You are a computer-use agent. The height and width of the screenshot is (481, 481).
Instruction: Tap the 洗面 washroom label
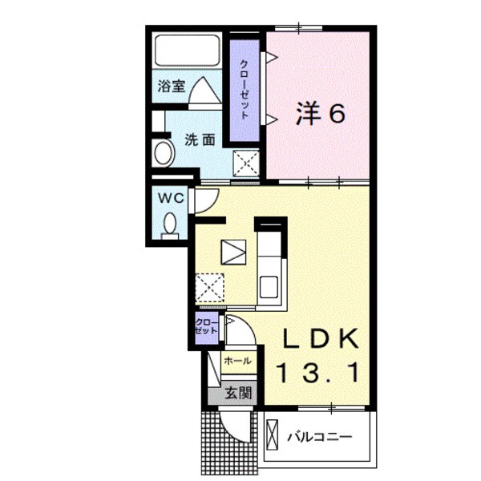200,139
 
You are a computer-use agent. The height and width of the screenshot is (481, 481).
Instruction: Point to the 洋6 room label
321,115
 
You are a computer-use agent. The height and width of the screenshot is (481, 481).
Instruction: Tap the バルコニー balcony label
320,437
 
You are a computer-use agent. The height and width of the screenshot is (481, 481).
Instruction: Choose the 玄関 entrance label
238,393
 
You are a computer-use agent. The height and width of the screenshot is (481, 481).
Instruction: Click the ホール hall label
238,362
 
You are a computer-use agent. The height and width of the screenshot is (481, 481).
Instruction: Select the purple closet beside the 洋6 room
243,90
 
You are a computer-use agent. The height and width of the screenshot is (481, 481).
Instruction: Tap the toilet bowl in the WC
170,222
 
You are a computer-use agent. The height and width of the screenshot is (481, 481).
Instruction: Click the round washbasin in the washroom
163,152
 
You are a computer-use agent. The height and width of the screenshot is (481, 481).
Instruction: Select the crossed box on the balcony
273,436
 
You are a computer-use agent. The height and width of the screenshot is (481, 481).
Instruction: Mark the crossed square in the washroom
245,164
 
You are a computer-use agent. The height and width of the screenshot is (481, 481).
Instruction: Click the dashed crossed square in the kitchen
210,288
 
